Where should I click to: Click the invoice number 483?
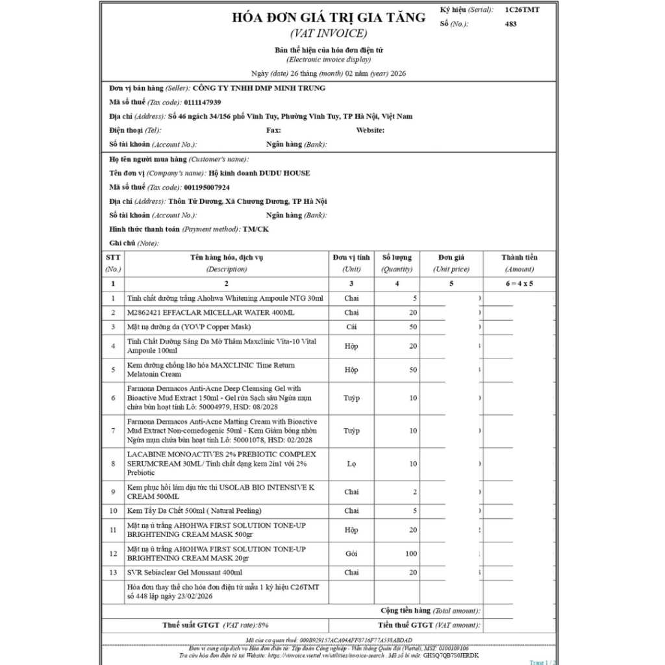tap(510, 24)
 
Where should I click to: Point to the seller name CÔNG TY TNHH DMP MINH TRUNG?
tap(259, 88)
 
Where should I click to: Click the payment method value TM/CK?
tap(255, 229)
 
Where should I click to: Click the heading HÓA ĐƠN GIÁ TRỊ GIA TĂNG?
tap(329, 18)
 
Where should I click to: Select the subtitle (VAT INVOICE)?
tap(329, 34)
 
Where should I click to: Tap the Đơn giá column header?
tap(451, 257)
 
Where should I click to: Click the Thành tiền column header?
tap(519, 257)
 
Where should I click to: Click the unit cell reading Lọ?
tap(351, 464)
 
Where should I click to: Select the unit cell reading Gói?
tap(351, 554)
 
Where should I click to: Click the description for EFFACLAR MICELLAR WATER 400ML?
tap(210, 312)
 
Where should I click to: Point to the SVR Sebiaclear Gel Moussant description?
tap(184, 573)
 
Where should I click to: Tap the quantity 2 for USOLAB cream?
tap(414, 492)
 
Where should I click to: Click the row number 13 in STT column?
tap(113, 573)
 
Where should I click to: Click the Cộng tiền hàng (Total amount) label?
tap(430, 611)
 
